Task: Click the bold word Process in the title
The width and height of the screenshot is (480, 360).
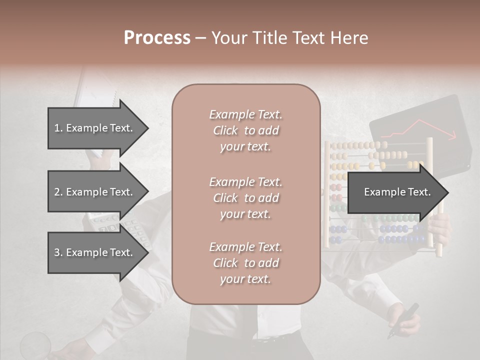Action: pos(157,38)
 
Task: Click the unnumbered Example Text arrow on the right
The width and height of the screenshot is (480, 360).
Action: pos(397,192)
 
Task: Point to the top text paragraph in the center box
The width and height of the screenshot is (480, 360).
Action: pos(245,130)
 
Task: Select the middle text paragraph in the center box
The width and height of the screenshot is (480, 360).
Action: pos(245,198)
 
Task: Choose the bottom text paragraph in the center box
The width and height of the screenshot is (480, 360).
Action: pos(245,263)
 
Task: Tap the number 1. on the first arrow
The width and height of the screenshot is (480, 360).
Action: pos(58,128)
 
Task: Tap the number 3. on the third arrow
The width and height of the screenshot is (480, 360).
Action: pos(58,252)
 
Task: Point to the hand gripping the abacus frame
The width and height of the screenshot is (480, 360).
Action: pos(440,227)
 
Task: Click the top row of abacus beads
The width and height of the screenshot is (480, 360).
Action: pos(360,145)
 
